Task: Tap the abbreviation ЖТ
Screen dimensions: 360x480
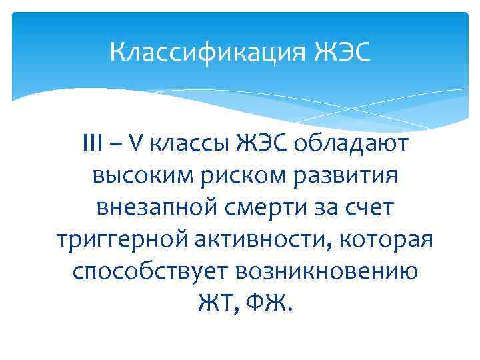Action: [x=213, y=305]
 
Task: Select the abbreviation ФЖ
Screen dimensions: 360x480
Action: [x=265, y=305]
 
